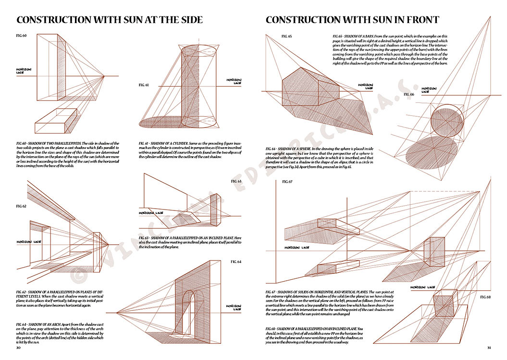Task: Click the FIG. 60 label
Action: [x=22, y=36]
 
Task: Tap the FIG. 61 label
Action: [x=143, y=85]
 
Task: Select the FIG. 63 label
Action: [x=236, y=181]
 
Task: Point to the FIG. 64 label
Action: [x=236, y=261]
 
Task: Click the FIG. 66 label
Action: [x=408, y=94]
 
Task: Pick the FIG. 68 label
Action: [x=485, y=297]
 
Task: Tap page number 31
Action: [x=489, y=348]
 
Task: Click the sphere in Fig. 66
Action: [x=447, y=123]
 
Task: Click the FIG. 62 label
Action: [x=21, y=206]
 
